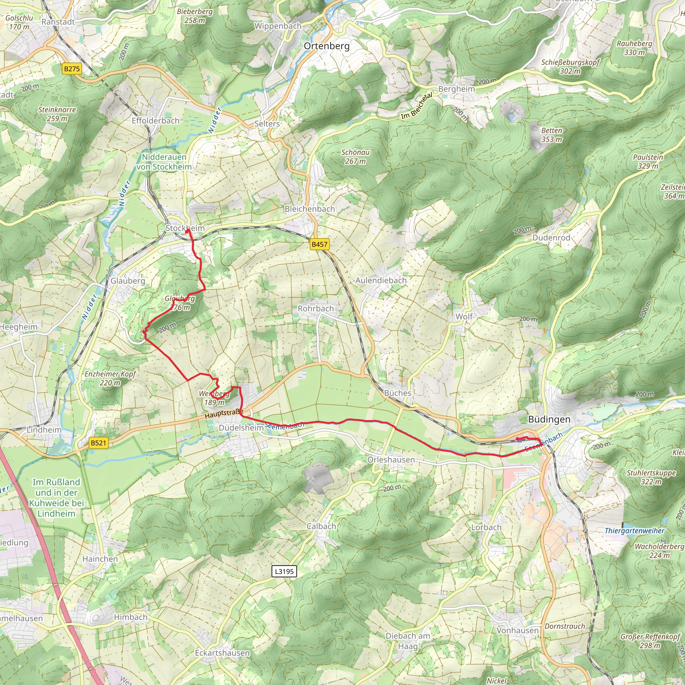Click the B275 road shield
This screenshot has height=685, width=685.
(x=72, y=69)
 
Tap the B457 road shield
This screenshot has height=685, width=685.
(x=319, y=244)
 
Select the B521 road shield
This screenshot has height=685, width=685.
(x=98, y=443)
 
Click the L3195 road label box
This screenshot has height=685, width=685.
(x=284, y=571)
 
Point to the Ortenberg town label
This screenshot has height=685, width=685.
(x=326, y=46)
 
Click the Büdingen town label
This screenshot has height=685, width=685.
(x=549, y=419)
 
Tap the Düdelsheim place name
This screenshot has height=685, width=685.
(x=241, y=427)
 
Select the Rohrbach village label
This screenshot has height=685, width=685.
(x=315, y=308)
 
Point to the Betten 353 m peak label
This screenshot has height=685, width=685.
(x=551, y=135)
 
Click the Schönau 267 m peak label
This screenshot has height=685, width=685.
(x=355, y=156)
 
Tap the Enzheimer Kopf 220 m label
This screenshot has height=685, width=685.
(x=110, y=378)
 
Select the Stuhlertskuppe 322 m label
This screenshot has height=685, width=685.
(x=651, y=477)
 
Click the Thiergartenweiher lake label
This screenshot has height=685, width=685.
(x=634, y=531)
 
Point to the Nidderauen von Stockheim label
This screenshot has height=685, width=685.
(x=164, y=162)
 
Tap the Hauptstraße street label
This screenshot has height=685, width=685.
(x=224, y=414)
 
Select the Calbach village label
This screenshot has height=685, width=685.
(x=321, y=526)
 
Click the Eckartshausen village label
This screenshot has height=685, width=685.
(x=222, y=653)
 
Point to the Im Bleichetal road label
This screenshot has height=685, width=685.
(x=417, y=106)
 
